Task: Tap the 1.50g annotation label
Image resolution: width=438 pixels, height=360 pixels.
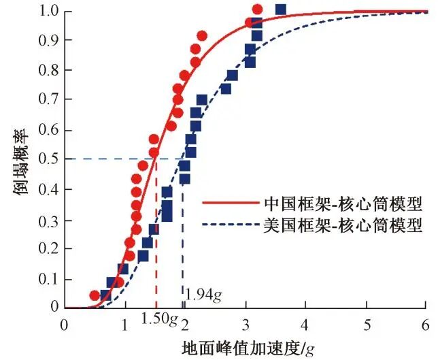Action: pyautogui.click(x=159, y=318)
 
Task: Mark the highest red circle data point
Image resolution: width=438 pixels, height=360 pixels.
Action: pyautogui.click(x=257, y=10)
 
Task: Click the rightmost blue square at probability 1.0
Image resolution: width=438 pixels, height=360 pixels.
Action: pyautogui.click(x=280, y=10)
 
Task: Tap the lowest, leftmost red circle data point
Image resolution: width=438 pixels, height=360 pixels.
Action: pyautogui.click(x=95, y=295)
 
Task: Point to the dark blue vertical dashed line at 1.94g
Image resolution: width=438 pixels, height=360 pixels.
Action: pyautogui.click(x=182, y=238)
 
